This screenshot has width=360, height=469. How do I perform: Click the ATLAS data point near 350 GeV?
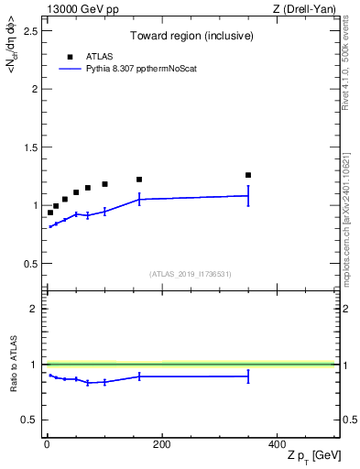[248, 175]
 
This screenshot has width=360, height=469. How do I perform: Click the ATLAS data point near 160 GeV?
[139, 180]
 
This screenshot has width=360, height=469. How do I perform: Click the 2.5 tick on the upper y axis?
[33, 31]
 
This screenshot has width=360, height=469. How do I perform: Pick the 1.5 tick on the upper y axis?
[33, 147]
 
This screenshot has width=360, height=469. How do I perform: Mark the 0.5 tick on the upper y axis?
[33, 264]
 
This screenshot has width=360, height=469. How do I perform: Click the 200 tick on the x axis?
[161, 445]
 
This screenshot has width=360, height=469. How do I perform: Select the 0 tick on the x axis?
[46, 445]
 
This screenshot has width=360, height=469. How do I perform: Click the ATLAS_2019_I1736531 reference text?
[191, 274]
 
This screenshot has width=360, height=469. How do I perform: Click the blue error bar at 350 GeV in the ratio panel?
[248, 376]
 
